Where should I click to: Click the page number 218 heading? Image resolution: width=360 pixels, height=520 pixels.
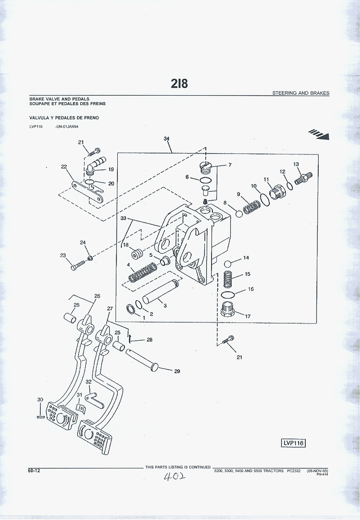click(x=180, y=83)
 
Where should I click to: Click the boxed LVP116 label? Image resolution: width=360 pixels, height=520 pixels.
click(x=294, y=443)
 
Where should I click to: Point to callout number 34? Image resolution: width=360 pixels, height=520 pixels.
click(x=167, y=139)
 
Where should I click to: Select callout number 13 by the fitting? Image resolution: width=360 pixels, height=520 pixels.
click(x=296, y=164)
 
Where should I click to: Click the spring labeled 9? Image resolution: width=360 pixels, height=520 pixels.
click(x=253, y=206)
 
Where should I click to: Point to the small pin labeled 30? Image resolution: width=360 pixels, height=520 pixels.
click(x=39, y=417)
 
